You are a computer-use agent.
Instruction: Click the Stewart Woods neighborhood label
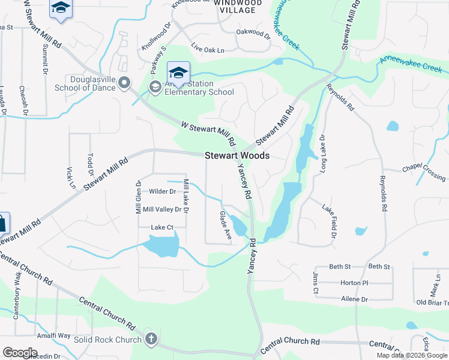coord(237,155)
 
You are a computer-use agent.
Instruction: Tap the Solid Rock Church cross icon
coord(151,339)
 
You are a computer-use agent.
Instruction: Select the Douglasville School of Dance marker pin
coord(124,83)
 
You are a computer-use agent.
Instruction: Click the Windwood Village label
coord(238,7)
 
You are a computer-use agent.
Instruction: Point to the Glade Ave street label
coord(226,226)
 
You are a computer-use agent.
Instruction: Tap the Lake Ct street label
coord(162,227)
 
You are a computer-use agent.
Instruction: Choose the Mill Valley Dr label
coord(162,209)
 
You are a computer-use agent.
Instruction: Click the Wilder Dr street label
coord(162,192)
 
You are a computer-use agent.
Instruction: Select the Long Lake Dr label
coord(322,152)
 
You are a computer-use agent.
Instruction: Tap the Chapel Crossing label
coord(424,172)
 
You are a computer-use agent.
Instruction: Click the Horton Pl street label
coord(354,283)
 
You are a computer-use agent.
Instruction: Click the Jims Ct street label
coord(316,283)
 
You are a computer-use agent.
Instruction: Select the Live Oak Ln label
coord(208,47)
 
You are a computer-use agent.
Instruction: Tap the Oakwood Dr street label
coord(253,32)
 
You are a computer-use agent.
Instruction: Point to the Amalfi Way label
coord(53,335)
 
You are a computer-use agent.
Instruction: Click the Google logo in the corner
coord(20,352)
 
